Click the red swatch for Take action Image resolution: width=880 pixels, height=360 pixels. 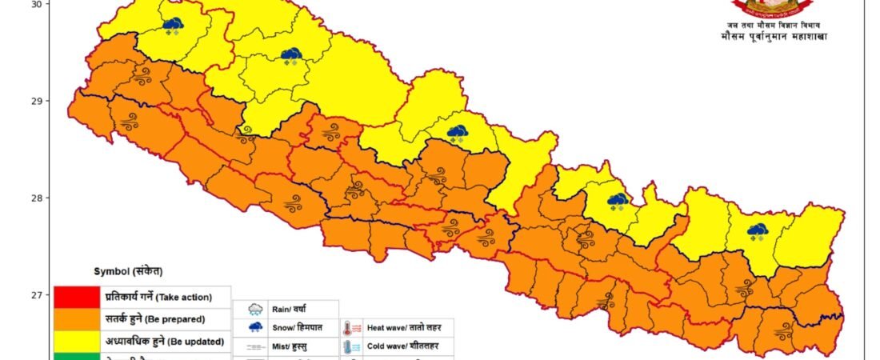pyautogui.click(x=76, y=297)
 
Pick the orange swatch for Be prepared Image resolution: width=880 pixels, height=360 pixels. pyautogui.click(x=76, y=319)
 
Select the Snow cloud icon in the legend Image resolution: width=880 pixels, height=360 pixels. pyautogui.click(x=256, y=328)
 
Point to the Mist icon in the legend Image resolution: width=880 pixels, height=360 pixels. pyautogui.click(x=256, y=347)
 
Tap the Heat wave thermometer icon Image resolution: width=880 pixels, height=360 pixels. pyautogui.click(x=350, y=328)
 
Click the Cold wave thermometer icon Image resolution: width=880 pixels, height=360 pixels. pyautogui.click(x=350, y=347)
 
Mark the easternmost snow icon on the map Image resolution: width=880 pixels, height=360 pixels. pyautogui.click(x=757, y=231)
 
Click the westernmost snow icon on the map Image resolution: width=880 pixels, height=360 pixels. pyautogui.click(x=172, y=26)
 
